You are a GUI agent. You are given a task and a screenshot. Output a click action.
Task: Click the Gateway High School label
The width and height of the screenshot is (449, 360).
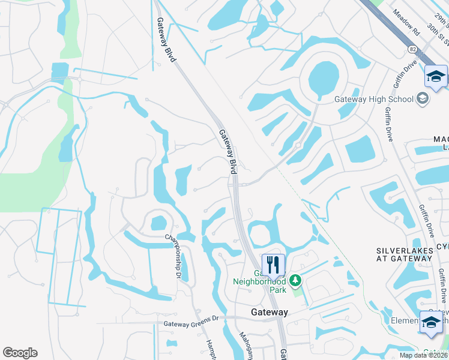click(375, 99)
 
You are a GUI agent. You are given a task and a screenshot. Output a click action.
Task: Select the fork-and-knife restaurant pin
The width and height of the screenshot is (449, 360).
click(273, 264)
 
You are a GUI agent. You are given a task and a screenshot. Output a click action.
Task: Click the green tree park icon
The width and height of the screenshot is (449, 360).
click(295, 280)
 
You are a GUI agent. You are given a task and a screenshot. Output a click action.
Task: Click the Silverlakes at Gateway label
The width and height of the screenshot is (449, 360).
click(403, 254)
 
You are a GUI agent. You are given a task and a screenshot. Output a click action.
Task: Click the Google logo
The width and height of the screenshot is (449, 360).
click(20, 353)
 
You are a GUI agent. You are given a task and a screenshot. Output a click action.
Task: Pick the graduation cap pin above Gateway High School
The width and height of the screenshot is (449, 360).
click(436, 76)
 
